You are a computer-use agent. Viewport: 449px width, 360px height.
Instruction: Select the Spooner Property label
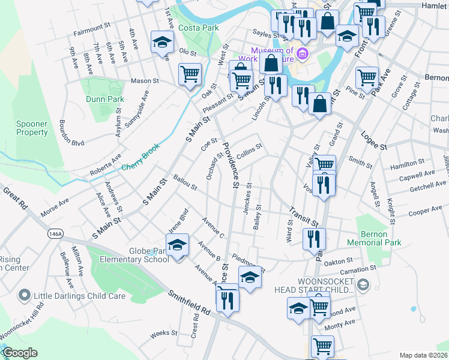(x=32, y=128)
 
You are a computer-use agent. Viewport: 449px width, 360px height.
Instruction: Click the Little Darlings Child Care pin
(x=24, y=295)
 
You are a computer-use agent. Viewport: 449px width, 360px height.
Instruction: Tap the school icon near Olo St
(x=161, y=42)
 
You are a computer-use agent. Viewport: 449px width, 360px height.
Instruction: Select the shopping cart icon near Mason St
(x=190, y=74)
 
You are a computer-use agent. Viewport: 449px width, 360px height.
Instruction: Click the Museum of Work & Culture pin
(x=303, y=55)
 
